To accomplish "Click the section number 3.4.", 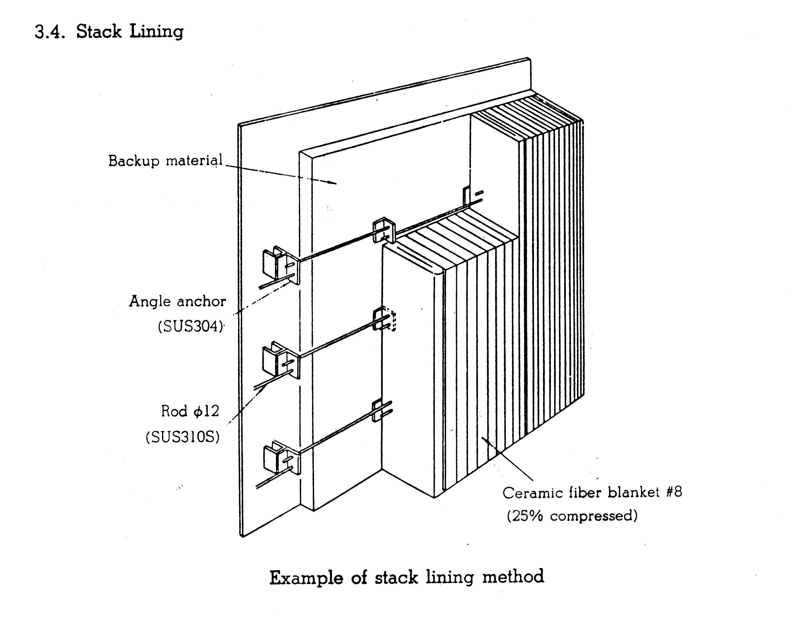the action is (x=50, y=32).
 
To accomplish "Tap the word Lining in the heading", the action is (x=156, y=31).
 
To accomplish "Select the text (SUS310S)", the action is (x=183, y=437).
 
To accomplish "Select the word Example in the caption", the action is (x=306, y=578).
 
